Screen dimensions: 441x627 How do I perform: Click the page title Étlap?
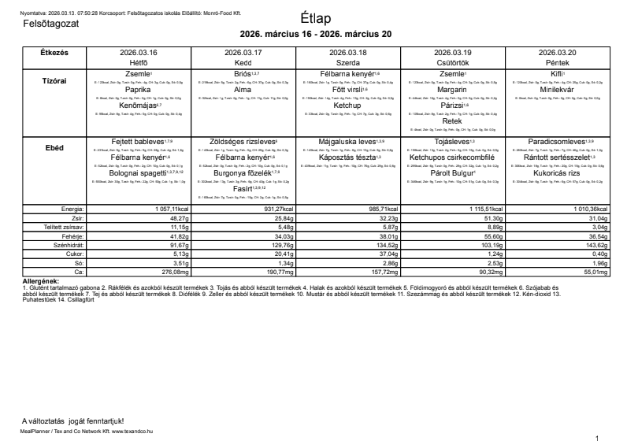click(x=315, y=18)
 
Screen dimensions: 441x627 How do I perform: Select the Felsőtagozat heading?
click(x=51, y=24)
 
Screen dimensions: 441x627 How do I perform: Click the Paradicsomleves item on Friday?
click(x=555, y=142)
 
